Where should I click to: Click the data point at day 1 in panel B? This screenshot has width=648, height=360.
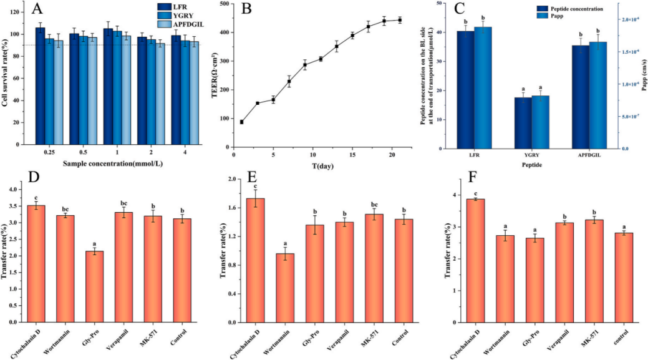[x=241, y=122]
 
